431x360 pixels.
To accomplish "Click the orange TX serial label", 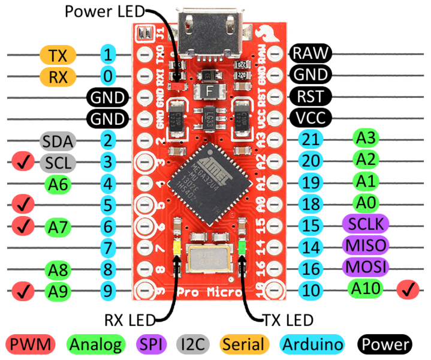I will pos(58,56).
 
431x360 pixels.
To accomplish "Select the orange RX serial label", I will pos(58,76).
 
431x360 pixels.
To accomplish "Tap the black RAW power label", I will pos(310,53).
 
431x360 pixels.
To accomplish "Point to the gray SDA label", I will pos(58,142).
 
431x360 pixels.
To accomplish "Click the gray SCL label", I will pos(58,162).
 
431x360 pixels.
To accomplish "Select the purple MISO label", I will pos(365,245).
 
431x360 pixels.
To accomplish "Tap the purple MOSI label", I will pos(365,266).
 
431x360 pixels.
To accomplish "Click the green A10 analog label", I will pos(365,289).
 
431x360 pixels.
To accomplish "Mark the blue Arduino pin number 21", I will pos(310,140).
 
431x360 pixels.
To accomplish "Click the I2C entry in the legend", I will pos(193,344).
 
